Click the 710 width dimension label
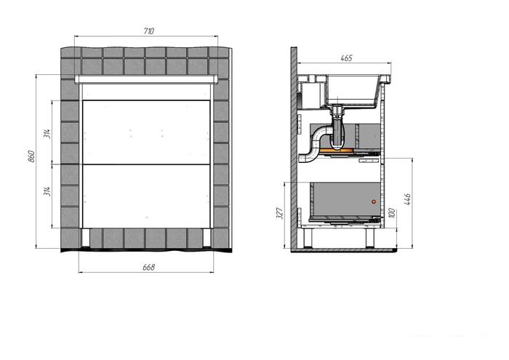click(x=148, y=31)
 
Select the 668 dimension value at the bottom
click(x=148, y=267)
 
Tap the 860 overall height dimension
click(x=31, y=156)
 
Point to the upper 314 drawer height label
click(x=47, y=133)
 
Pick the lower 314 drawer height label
click(x=47, y=191)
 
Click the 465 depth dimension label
click(x=346, y=58)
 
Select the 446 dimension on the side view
click(x=408, y=199)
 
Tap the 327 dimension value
click(x=280, y=213)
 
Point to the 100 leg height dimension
click(x=391, y=213)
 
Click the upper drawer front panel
click(x=146, y=132)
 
